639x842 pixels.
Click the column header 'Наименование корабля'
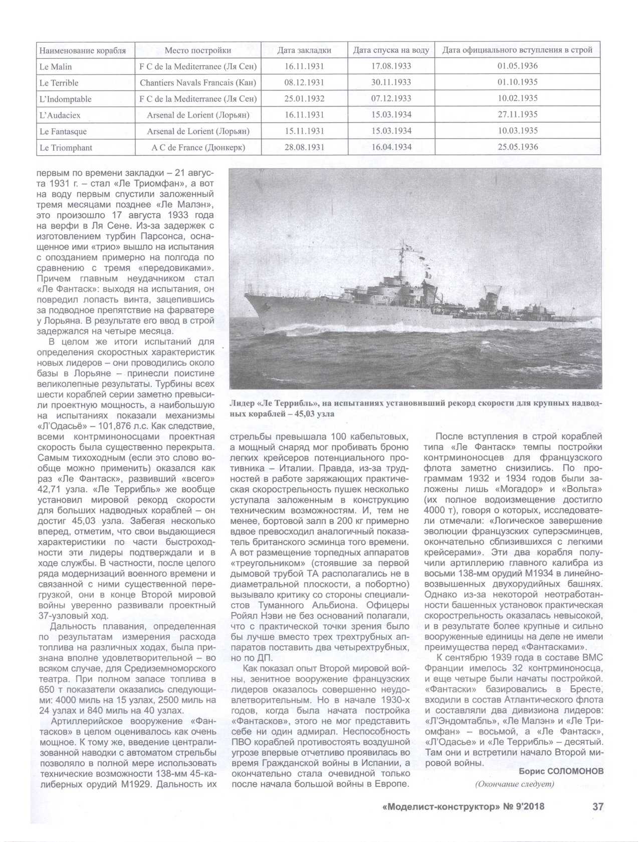click(x=83, y=51)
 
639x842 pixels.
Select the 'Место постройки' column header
click(x=198, y=51)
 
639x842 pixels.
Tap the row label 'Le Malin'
click(x=56, y=67)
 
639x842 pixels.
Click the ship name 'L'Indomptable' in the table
click(x=65, y=99)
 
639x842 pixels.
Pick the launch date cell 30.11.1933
click(x=391, y=83)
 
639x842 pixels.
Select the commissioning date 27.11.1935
click(x=518, y=115)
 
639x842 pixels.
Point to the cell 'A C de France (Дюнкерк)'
click(x=198, y=148)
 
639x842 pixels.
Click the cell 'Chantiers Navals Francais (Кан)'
click(x=198, y=83)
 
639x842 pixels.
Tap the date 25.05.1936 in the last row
click(x=518, y=147)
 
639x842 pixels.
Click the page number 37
click(x=598, y=806)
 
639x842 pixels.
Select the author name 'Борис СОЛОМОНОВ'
click(x=561, y=771)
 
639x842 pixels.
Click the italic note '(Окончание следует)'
click(x=515, y=784)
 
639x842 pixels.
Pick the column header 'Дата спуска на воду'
click(x=391, y=51)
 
